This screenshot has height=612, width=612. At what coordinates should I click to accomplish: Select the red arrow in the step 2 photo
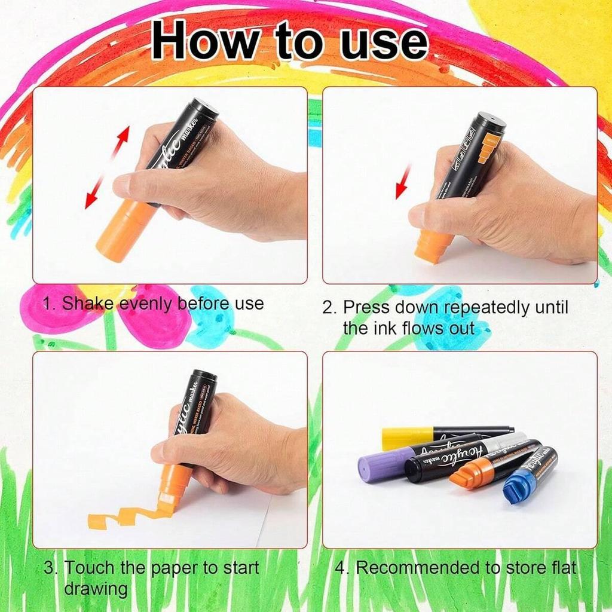tap(403, 182)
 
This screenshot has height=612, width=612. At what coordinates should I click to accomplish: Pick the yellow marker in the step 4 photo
tap(406, 437)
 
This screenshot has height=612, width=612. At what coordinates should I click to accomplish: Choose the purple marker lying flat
tap(382, 465)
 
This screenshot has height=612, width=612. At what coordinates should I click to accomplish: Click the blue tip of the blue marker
tap(517, 488)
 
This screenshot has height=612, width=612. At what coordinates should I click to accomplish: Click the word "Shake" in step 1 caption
tap(88, 304)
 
